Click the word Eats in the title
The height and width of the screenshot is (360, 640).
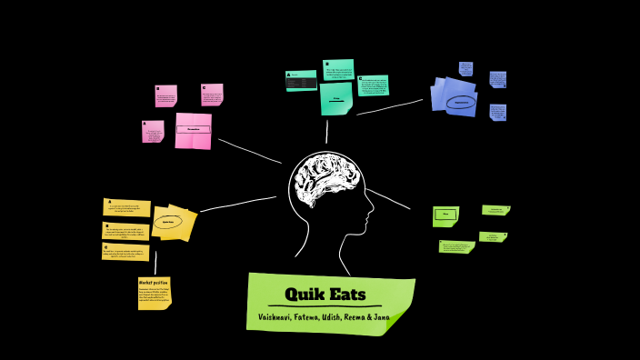(348, 295)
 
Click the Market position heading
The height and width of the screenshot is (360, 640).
(153, 283)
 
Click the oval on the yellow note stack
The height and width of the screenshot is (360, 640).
(168, 221)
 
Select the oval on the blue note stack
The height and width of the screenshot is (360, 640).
(461, 102)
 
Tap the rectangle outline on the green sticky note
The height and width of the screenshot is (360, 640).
(444, 215)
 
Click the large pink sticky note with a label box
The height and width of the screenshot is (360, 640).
(193, 130)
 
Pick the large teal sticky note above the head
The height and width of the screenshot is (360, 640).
(335, 98)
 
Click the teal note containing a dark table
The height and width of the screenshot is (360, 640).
(301, 81)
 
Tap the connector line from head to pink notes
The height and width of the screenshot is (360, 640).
(249, 151)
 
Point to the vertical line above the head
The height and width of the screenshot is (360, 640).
(326, 133)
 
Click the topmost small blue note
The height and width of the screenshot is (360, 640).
(465, 68)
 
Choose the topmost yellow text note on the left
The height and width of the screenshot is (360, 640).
(126, 207)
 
